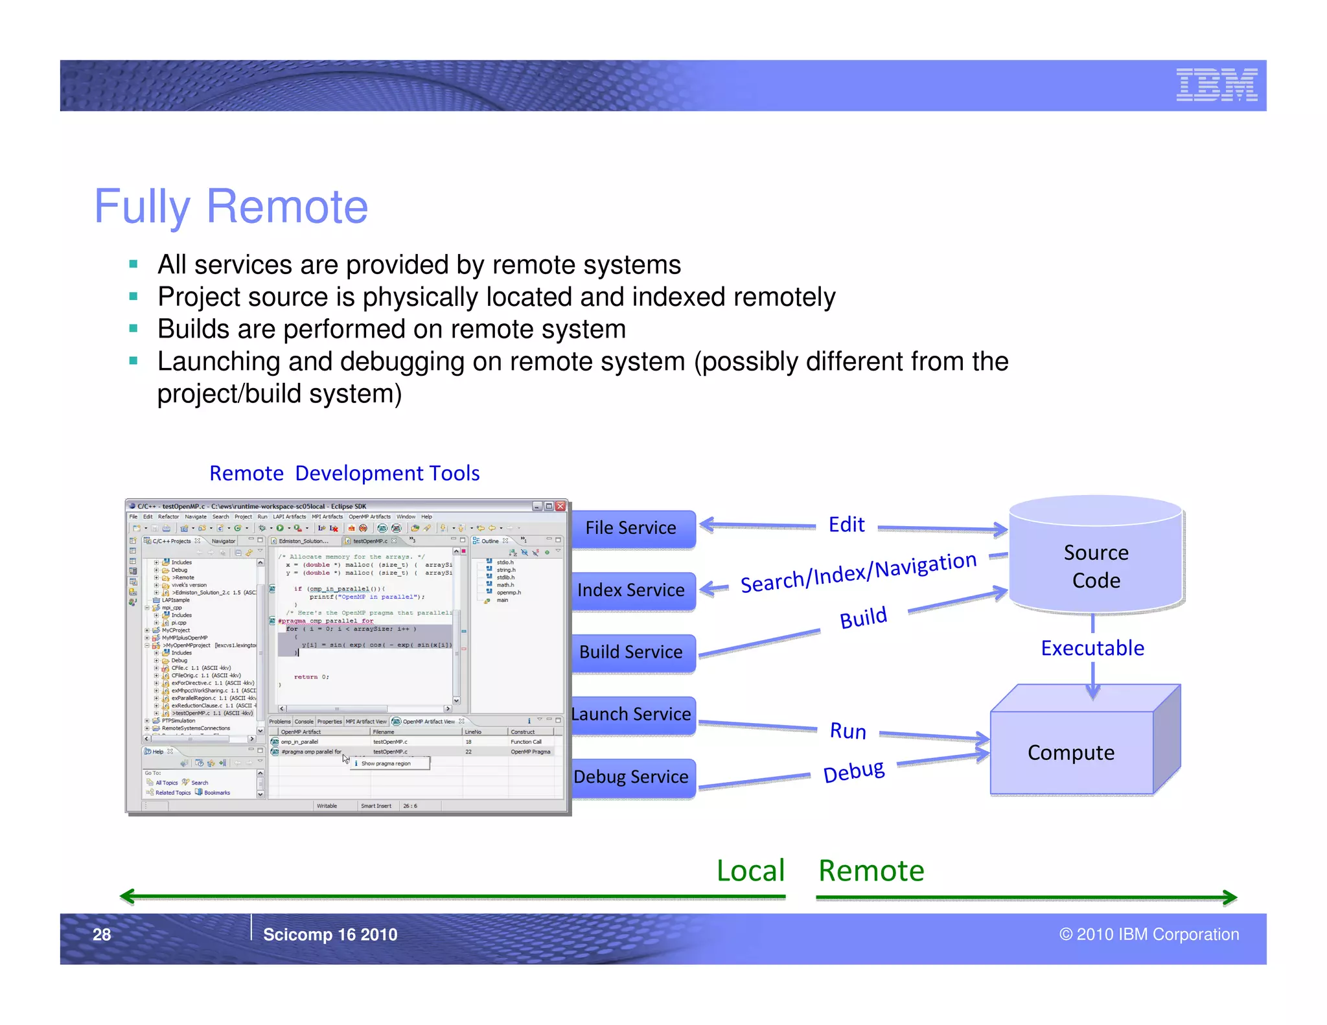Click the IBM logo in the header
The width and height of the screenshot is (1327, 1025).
(1216, 84)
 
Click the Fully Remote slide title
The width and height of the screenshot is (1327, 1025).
(231, 207)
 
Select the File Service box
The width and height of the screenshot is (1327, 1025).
(632, 528)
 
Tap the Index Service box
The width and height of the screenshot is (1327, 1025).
(632, 590)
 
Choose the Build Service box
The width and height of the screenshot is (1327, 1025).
(632, 652)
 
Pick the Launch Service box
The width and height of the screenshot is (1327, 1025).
(632, 715)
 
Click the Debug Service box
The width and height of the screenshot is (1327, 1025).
(632, 777)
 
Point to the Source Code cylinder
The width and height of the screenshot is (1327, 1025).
(1096, 566)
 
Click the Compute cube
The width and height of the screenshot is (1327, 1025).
(1071, 752)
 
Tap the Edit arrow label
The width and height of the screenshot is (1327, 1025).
(846, 524)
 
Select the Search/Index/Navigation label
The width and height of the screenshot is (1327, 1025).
(858, 572)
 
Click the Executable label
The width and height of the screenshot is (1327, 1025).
(1092, 648)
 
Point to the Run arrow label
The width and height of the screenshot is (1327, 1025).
(848, 731)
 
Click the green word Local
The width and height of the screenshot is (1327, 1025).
(750, 870)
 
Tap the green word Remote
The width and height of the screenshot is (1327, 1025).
(871, 870)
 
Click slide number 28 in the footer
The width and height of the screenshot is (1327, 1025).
(102, 934)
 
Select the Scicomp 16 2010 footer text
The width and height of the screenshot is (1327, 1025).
(330, 934)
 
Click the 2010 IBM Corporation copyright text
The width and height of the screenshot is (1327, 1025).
(1149, 934)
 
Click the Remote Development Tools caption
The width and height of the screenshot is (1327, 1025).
(344, 473)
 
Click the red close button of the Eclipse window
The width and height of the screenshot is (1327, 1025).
(560, 506)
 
